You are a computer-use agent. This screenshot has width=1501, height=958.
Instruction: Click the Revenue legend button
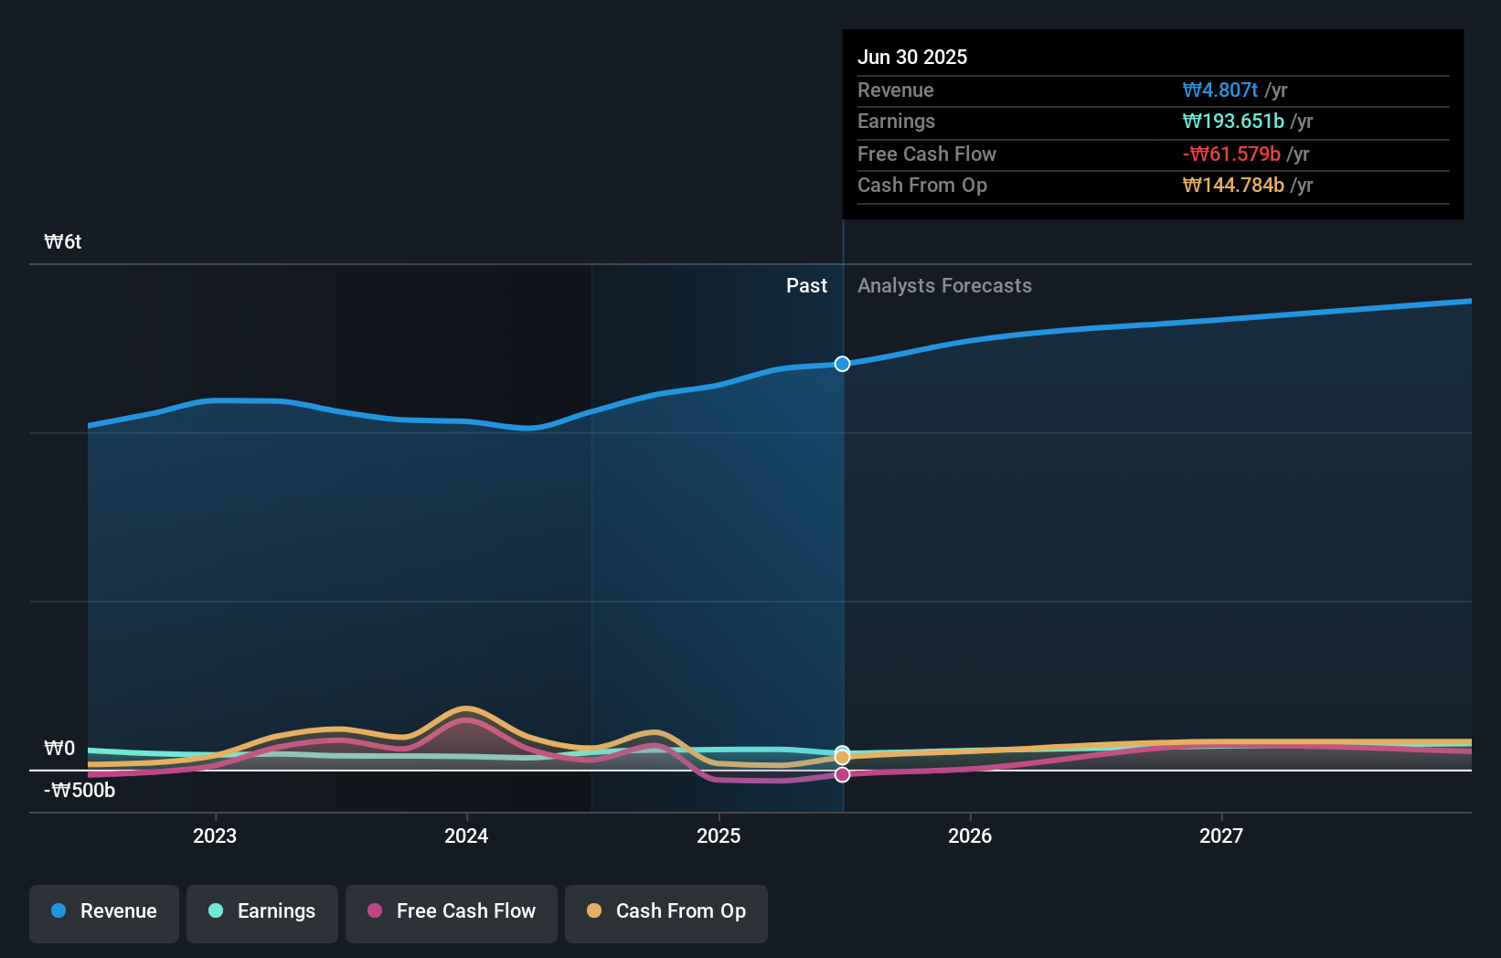(x=104, y=912)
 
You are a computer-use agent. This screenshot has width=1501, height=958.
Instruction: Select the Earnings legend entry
(x=262, y=912)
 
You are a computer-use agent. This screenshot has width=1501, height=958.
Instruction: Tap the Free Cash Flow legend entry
(x=452, y=912)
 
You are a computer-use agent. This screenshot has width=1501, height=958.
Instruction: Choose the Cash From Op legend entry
(x=666, y=912)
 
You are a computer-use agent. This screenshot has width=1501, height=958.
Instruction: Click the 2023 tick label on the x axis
(x=215, y=836)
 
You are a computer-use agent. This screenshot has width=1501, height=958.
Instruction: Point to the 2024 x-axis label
(x=466, y=836)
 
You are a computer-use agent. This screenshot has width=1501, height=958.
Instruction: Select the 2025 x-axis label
(x=719, y=836)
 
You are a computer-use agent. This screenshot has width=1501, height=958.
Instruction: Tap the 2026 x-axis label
(x=970, y=836)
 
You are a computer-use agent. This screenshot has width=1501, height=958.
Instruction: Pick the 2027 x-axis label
(x=1221, y=836)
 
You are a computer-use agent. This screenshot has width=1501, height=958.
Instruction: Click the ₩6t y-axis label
(x=63, y=242)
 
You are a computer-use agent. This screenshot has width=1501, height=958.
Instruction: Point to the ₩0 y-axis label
(x=59, y=749)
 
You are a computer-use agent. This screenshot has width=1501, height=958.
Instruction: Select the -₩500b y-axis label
(x=80, y=791)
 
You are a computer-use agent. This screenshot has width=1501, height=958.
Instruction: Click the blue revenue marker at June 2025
(x=842, y=364)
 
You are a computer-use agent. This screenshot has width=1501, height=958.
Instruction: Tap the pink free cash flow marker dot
(x=842, y=775)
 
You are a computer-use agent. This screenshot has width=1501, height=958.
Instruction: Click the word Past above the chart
(x=806, y=286)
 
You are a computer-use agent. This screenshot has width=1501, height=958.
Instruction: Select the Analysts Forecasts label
(x=944, y=286)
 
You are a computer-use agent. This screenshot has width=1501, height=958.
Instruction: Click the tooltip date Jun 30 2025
(x=912, y=58)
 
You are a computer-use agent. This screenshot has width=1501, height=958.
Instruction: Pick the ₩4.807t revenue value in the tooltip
(x=1219, y=90)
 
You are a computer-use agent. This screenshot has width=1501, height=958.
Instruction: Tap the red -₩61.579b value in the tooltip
(x=1231, y=154)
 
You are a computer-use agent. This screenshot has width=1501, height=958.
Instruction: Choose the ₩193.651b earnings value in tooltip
(x=1233, y=122)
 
